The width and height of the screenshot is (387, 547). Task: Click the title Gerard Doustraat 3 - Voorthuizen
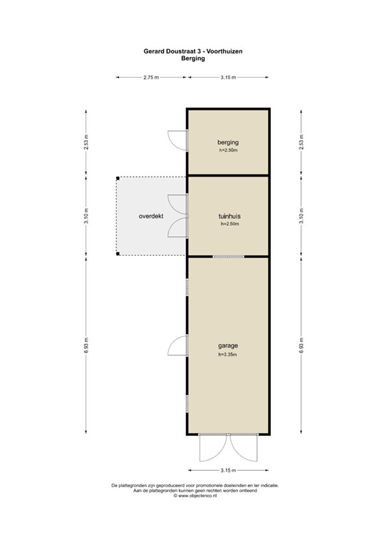[x=193, y=51]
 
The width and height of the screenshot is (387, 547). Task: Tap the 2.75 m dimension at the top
[x=151, y=77]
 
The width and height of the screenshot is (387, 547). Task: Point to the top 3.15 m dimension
[x=229, y=77]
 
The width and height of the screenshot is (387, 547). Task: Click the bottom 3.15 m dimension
[x=229, y=470]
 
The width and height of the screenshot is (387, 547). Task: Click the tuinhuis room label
[x=228, y=216]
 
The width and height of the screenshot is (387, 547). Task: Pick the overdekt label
[x=151, y=215]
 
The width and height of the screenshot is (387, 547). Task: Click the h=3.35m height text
[x=228, y=355]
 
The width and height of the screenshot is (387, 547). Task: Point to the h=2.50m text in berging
[x=228, y=151]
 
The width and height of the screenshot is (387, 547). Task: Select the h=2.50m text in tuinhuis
[x=228, y=224]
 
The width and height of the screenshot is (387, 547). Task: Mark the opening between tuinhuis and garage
[x=228, y=256]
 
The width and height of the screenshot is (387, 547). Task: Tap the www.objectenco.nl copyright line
[x=194, y=496]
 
